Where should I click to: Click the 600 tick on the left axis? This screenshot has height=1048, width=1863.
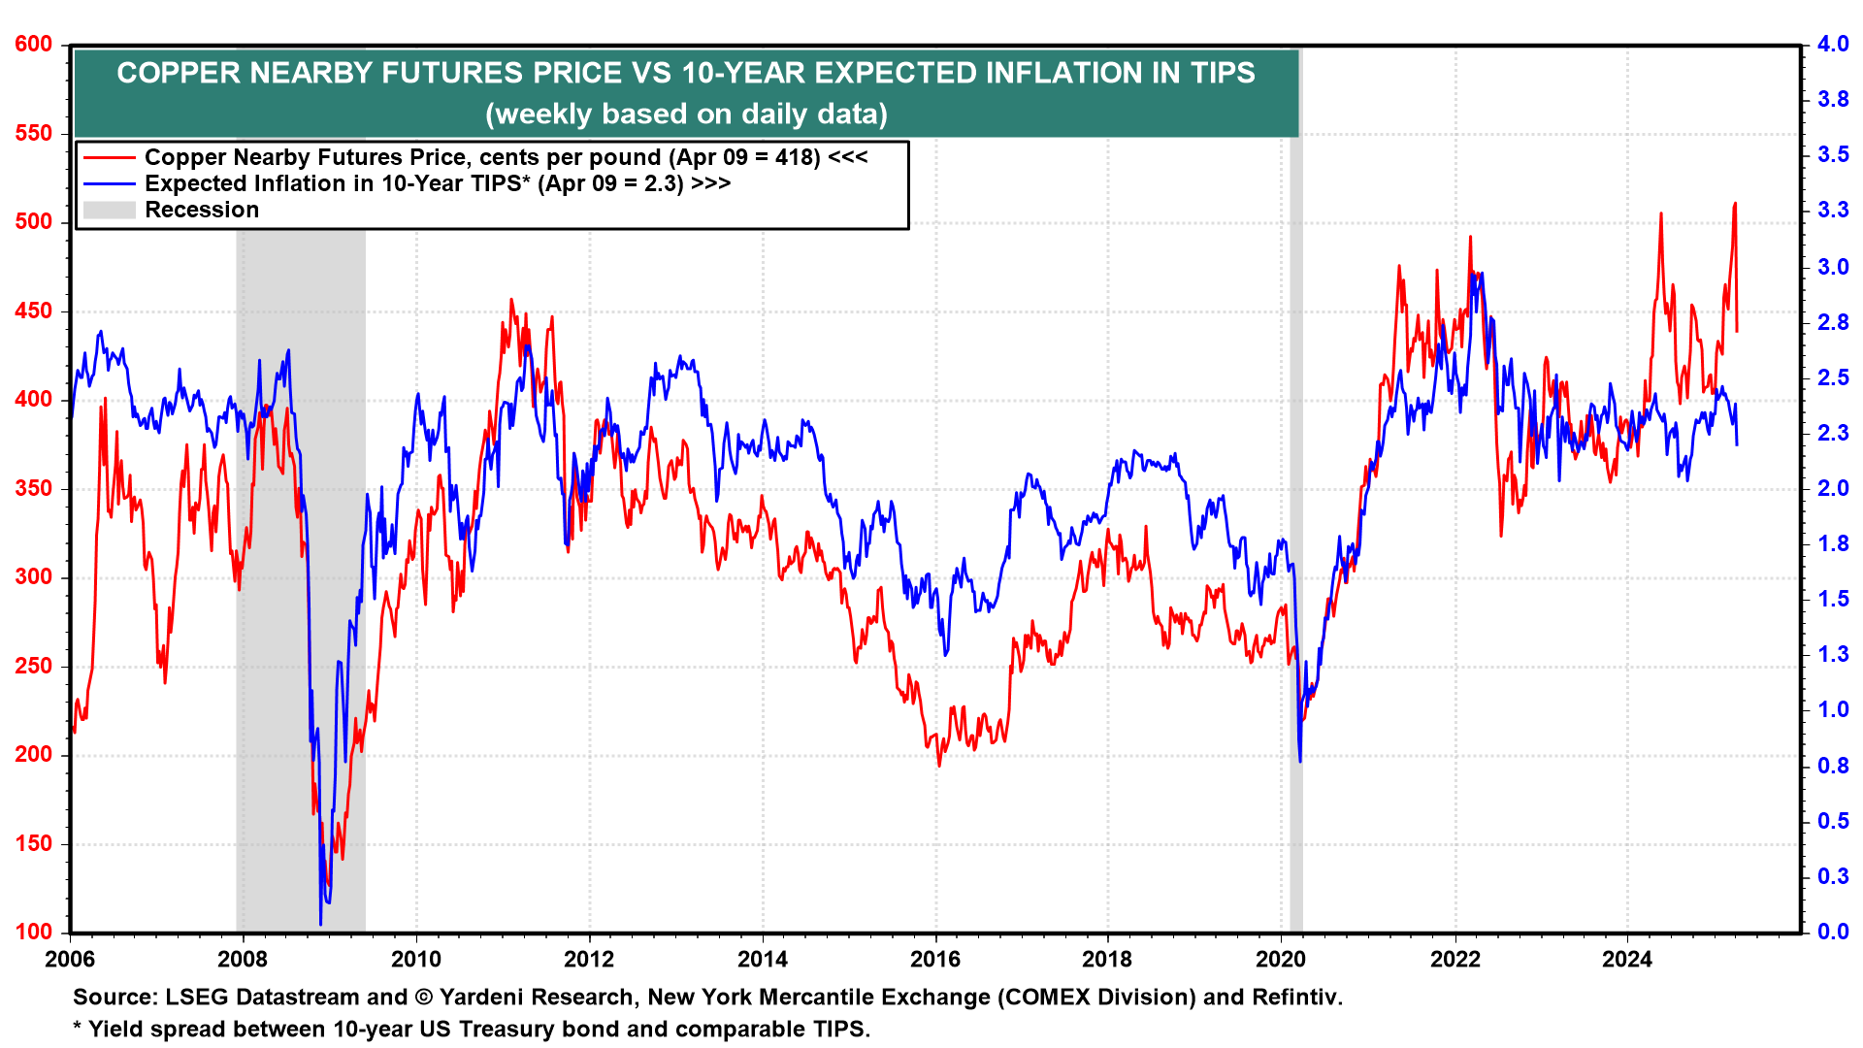click(34, 45)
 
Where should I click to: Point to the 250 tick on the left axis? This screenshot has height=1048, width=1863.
click(34, 667)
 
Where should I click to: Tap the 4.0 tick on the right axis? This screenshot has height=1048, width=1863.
click(1833, 45)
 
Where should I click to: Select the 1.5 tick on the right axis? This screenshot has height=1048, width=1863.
click(1833, 600)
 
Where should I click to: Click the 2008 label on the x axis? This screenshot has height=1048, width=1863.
click(243, 960)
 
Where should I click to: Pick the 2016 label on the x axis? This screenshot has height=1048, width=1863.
click(935, 960)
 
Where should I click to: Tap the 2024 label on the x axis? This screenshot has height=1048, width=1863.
click(1627, 960)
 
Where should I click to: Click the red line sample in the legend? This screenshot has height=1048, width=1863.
click(109, 157)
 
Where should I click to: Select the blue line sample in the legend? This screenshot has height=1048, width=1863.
click(109, 183)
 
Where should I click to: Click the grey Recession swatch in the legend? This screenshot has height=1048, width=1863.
click(109, 210)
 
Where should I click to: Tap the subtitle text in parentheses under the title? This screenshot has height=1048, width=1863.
click(686, 115)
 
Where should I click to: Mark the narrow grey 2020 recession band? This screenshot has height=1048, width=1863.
click(1295, 485)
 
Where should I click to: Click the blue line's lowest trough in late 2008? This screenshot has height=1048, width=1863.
click(320, 924)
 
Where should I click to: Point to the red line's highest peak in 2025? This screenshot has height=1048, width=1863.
click(1735, 204)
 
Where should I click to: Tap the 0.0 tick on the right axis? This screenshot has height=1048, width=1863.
click(1833, 933)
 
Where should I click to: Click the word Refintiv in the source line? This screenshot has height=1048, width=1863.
click(1295, 998)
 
